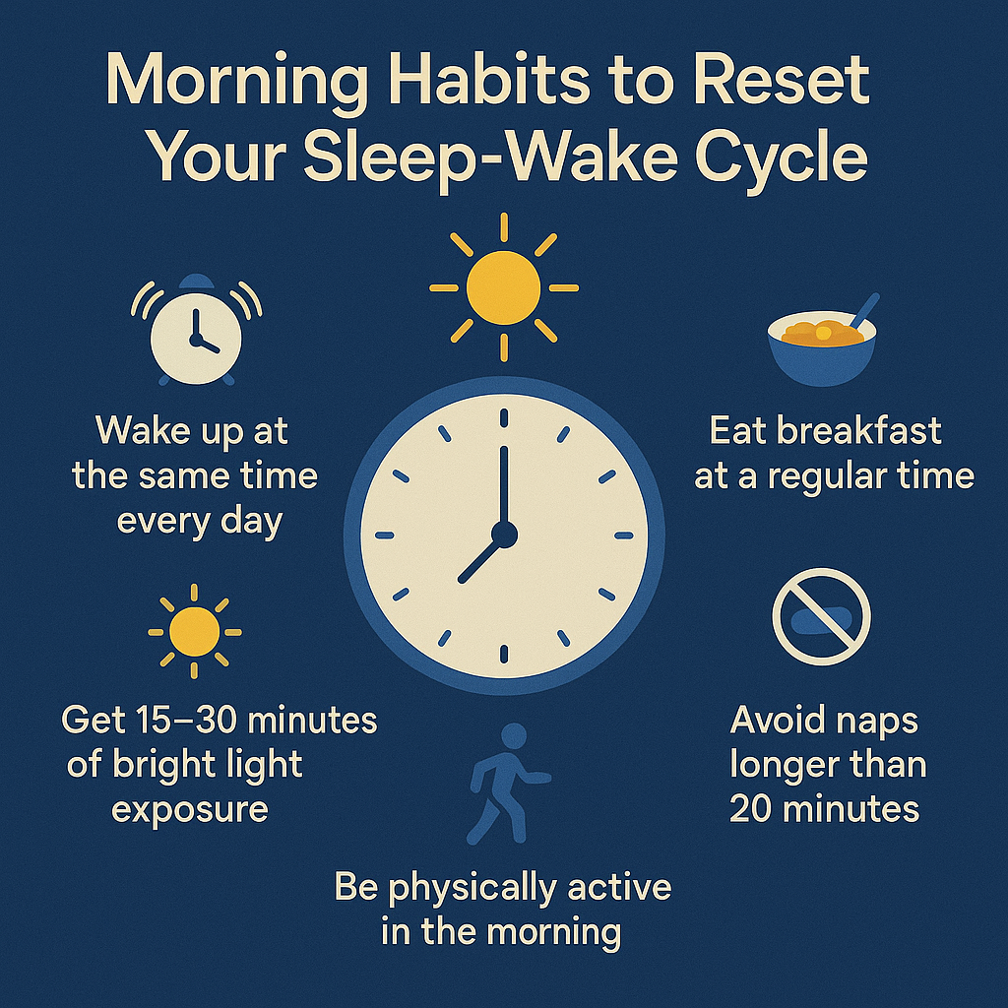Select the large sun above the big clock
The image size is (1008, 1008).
pyautogui.click(x=503, y=287)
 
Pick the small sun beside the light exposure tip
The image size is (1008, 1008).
pyautogui.click(x=195, y=631)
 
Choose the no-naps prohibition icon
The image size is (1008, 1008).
pyautogui.click(x=822, y=616)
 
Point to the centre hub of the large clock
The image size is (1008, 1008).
pyautogui.click(x=504, y=535)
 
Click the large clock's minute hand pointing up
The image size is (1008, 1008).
pyautogui.click(x=504, y=482)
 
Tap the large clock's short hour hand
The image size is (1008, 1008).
pyautogui.click(x=480, y=558)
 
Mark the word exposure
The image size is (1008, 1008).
pyautogui.click(x=189, y=809)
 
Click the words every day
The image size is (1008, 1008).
pyautogui.click(x=200, y=520)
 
